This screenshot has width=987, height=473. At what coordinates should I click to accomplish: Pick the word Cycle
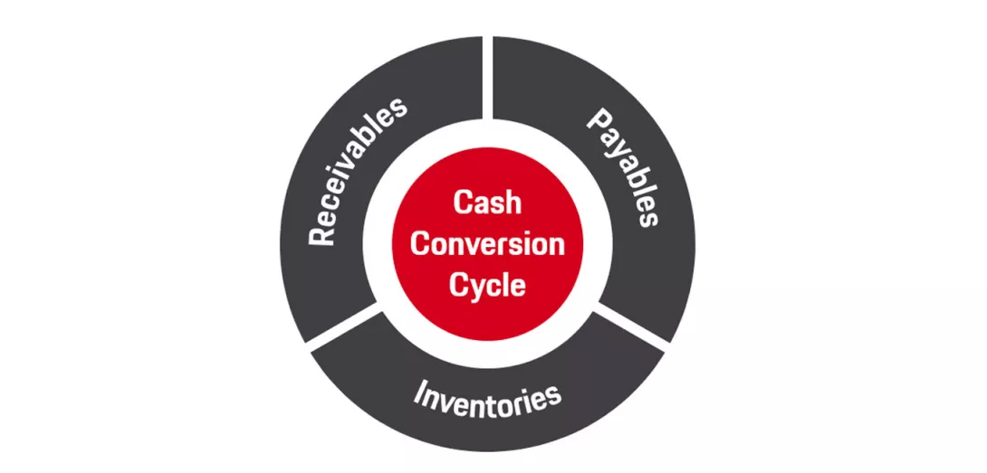(488, 285)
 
